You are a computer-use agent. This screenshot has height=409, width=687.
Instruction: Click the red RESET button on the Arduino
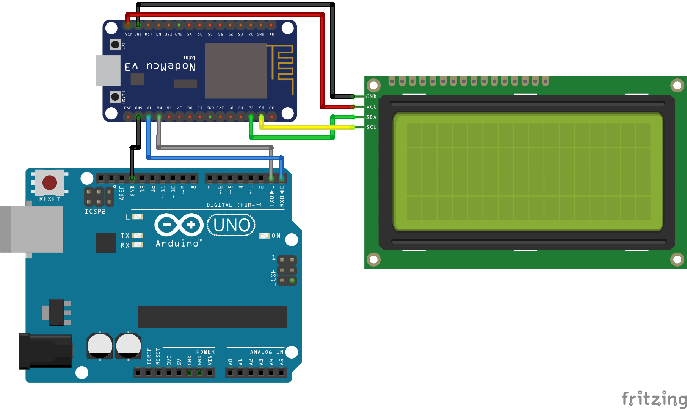coord(50,183)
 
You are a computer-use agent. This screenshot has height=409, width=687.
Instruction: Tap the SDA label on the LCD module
coord(371,117)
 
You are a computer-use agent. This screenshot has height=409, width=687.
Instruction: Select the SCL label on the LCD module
coord(371,127)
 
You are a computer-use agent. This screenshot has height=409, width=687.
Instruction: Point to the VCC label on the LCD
coord(371,107)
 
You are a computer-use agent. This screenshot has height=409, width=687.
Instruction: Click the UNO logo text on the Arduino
coord(231,225)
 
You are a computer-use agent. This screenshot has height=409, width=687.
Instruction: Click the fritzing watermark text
coord(654,399)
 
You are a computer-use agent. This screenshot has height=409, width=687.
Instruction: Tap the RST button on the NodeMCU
coord(115,45)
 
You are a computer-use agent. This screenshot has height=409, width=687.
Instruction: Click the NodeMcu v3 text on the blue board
coord(160,67)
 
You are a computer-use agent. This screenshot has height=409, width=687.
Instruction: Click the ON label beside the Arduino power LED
coord(276,236)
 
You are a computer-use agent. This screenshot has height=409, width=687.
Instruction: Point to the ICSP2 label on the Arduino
coord(95,211)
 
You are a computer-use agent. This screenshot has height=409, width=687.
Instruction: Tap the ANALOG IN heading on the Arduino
coord(267,352)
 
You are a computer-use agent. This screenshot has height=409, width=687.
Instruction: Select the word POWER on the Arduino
coord(205,352)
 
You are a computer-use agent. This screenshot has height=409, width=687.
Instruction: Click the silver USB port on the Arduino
coord(32,229)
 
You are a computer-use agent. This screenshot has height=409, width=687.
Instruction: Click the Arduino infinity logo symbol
coord(179,225)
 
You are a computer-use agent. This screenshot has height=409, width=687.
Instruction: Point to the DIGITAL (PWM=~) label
coord(234,205)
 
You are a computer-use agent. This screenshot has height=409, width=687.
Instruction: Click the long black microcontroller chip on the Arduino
coord(212,317)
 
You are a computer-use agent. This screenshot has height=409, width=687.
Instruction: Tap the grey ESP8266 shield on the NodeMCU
coord(236,71)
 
